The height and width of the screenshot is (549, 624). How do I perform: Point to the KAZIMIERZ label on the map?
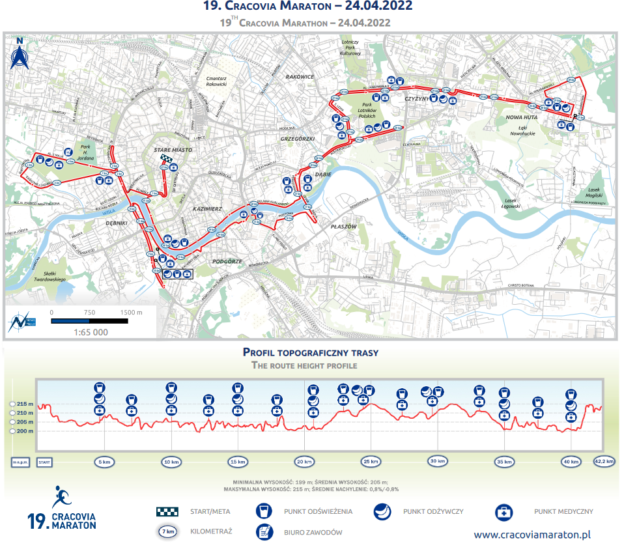point(208,208)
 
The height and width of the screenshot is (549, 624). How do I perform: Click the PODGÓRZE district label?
point(227,261)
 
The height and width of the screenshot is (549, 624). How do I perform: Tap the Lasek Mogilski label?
point(593,193)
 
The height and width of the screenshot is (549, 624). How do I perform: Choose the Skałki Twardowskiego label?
point(51,276)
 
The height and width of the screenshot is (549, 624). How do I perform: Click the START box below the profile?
point(44,462)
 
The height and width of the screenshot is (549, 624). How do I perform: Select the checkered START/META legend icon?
point(167,512)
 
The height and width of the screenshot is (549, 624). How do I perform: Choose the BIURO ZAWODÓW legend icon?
point(265,532)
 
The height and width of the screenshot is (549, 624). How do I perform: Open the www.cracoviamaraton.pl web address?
point(532,535)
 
